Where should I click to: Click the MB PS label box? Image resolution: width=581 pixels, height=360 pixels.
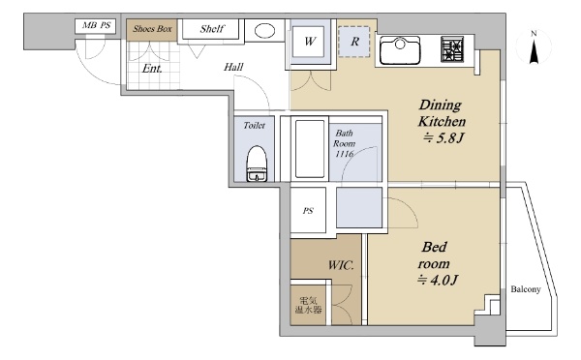coord(95,26)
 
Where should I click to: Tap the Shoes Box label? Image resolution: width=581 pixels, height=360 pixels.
coord(152,29)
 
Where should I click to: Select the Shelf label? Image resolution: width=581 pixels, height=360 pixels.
coord(212,28)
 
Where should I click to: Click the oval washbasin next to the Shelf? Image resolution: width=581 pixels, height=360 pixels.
coord(264,30)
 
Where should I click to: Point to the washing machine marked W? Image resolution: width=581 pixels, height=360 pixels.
coord(310,41)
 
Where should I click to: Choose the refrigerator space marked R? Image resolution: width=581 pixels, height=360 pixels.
coord(354,42)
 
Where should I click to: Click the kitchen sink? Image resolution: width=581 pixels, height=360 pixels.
coord(400,50)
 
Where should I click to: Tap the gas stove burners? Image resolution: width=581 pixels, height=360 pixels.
coord(452,49)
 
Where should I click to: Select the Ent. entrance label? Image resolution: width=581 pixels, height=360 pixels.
coord(152,69)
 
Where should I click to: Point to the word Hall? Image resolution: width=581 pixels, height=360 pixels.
coord(233,67)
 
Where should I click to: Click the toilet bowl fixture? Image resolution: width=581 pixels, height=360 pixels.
coord(257,164)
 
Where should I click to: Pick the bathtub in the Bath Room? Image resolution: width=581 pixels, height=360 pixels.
coord(310,148)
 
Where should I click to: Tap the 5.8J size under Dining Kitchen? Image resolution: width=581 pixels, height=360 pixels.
coord(443,138)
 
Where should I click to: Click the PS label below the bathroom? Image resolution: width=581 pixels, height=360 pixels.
coord(308,211)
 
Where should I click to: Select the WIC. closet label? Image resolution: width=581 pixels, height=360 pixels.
coord(341,265)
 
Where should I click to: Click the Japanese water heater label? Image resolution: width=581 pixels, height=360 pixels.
coord(308,305)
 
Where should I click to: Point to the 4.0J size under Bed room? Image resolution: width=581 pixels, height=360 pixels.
coord(438,280)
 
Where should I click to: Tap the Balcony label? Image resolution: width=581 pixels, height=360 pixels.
coord(526,289)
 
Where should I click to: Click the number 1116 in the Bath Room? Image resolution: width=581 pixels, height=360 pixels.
coord(344,154)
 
